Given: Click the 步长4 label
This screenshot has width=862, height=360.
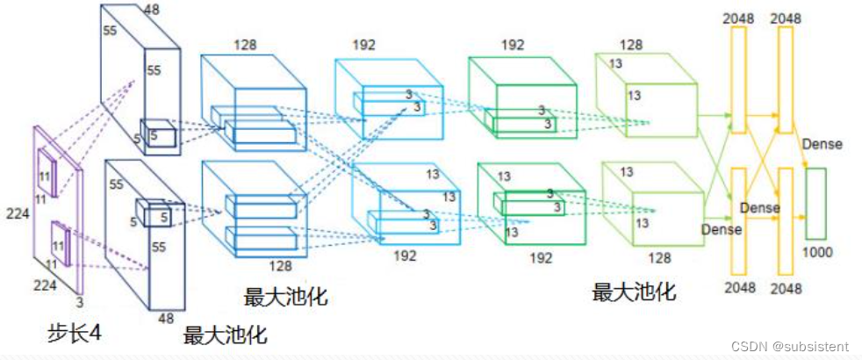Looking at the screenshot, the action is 75,333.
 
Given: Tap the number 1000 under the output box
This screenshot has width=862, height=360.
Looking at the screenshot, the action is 817,252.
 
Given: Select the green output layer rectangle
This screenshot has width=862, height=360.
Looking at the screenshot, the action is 815,204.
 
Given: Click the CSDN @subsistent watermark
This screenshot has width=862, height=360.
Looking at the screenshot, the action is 789,346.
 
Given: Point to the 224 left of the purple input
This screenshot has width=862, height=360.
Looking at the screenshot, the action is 18,213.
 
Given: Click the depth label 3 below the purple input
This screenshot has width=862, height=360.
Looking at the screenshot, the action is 79,302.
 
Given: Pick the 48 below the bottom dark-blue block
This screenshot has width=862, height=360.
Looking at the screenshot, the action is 166,318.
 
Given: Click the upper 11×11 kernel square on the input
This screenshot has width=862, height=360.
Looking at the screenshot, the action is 47,173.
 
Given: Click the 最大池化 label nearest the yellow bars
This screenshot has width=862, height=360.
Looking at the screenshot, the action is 634,292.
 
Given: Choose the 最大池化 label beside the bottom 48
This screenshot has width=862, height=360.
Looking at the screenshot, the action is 226,335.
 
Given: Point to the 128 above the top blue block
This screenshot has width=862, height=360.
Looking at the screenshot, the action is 245,45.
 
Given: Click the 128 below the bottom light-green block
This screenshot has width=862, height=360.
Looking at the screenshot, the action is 660,257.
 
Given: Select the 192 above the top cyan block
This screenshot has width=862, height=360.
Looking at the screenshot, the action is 364,45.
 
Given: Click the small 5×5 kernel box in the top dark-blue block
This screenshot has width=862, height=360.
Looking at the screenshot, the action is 158,133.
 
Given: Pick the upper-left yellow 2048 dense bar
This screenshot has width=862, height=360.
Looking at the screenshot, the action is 738,80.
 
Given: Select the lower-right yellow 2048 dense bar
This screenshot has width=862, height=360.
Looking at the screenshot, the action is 786,221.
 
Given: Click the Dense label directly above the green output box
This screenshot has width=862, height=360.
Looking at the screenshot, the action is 822,144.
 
